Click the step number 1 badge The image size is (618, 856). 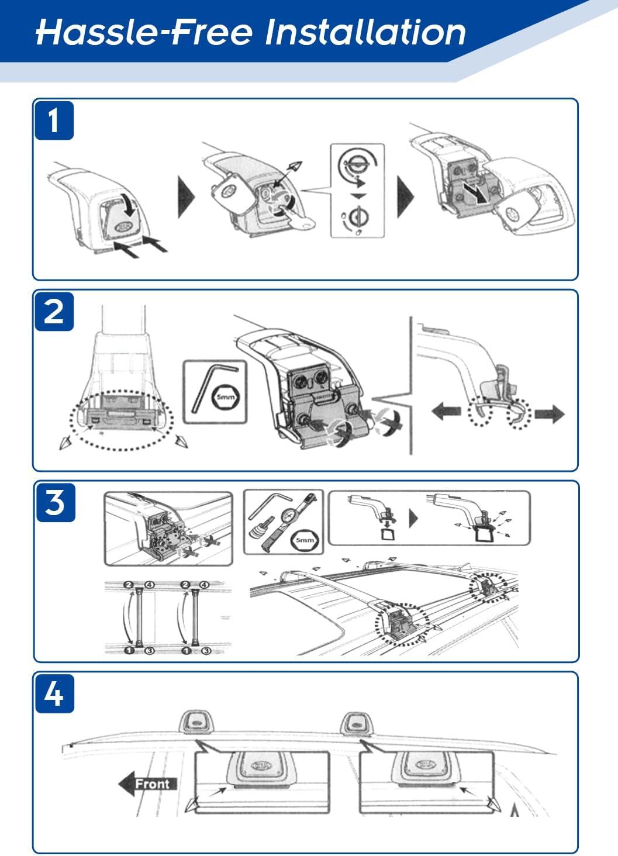54,120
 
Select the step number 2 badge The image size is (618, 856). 54,312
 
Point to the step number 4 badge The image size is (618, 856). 54,693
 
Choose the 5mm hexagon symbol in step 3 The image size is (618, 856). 304,540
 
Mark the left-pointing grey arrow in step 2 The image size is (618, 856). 446,412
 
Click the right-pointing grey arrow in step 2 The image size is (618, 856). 550,415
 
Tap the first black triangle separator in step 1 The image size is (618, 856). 186,196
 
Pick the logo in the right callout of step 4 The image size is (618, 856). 426,765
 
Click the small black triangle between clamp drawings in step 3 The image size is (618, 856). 413,519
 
